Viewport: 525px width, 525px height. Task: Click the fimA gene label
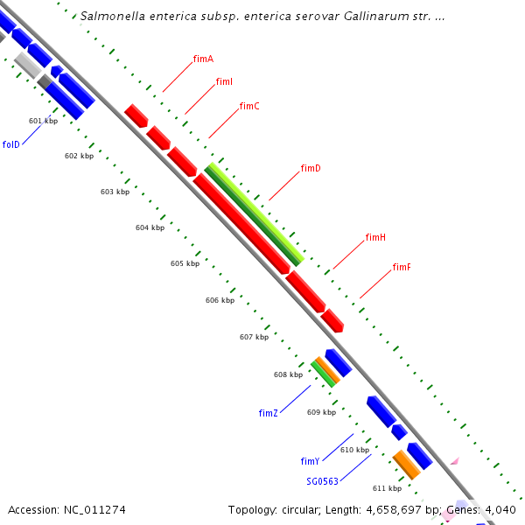[x=203, y=59]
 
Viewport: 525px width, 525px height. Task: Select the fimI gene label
[x=224, y=81]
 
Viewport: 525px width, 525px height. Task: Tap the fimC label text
[x=249, y=106]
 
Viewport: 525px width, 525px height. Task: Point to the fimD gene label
[x=311, y=168]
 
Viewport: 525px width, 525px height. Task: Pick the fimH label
[x=375, y=237]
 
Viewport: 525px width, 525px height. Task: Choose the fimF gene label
[x=402, y=267]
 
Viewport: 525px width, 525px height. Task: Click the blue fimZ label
[x=268, y=413]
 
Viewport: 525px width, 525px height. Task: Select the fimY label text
[x=310, y=461]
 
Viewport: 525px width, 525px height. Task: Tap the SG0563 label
[x=321, y=481]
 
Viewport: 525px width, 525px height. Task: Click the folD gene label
[x=10, y=144]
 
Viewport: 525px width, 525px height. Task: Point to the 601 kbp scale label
[x=43, y=121]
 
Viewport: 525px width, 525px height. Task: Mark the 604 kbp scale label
[x=150, y=227]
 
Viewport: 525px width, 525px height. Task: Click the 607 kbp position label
[x=254, y=337]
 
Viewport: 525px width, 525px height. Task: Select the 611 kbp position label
[x=387, y=488]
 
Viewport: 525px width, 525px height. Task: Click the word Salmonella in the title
[x=109, y=16]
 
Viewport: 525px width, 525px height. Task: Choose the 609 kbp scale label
[x=321, y=412]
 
